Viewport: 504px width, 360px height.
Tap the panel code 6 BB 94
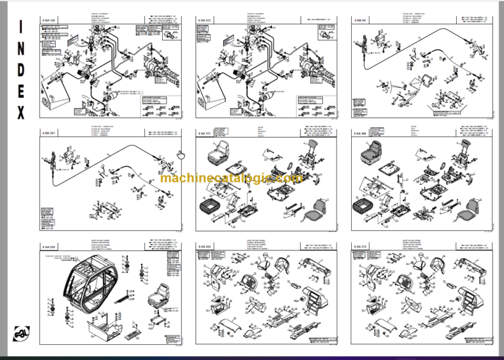coord(361,20)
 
